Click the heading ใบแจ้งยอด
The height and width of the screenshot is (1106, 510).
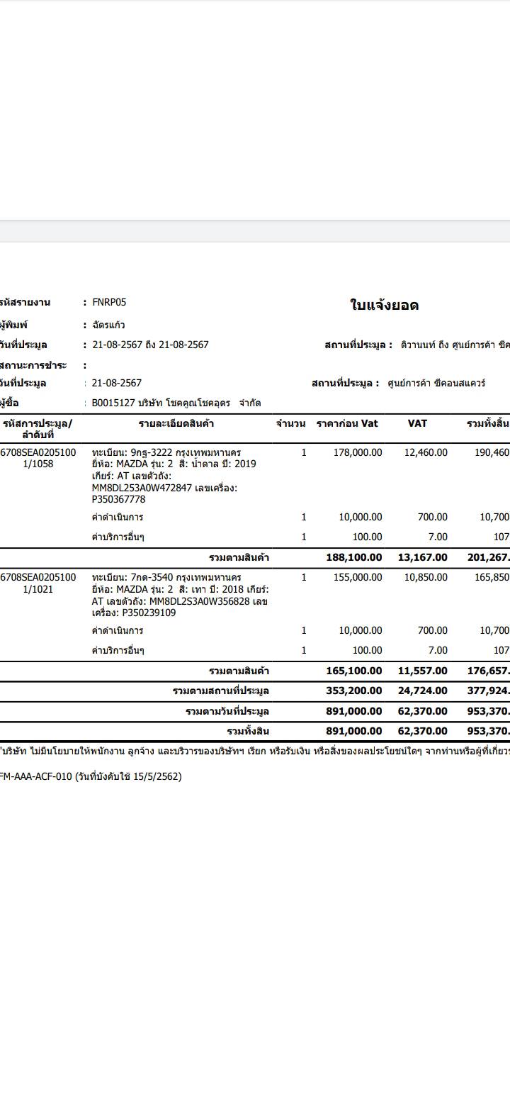(385, 306)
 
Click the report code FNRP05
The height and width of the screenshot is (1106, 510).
(109, 302)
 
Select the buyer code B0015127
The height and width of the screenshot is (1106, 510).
(115, 403)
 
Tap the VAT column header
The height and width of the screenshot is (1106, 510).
(417, 423)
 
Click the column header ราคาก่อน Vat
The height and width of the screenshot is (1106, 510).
(347, 423)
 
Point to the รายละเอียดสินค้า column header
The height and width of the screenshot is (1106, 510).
(176, 423)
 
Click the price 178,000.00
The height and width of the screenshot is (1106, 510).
(358, 452)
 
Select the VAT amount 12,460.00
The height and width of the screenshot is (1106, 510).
(426, 452)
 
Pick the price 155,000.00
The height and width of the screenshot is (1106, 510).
(358, 577)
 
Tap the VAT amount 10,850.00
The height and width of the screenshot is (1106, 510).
(426, 577)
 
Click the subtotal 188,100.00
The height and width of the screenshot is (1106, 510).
(353, 557)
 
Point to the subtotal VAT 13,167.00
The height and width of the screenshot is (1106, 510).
(423, 557)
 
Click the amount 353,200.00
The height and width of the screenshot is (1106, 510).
(353, 691)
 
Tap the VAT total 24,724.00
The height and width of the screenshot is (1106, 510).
(423, 691)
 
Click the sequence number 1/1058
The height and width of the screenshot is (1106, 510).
(38, 464)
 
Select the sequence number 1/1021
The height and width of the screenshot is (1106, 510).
(38, 589)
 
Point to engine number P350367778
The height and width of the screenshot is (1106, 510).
(118, 499)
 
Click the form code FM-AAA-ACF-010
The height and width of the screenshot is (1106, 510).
(35, 776)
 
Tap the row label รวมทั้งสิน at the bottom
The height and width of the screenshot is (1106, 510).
(248, 731)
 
